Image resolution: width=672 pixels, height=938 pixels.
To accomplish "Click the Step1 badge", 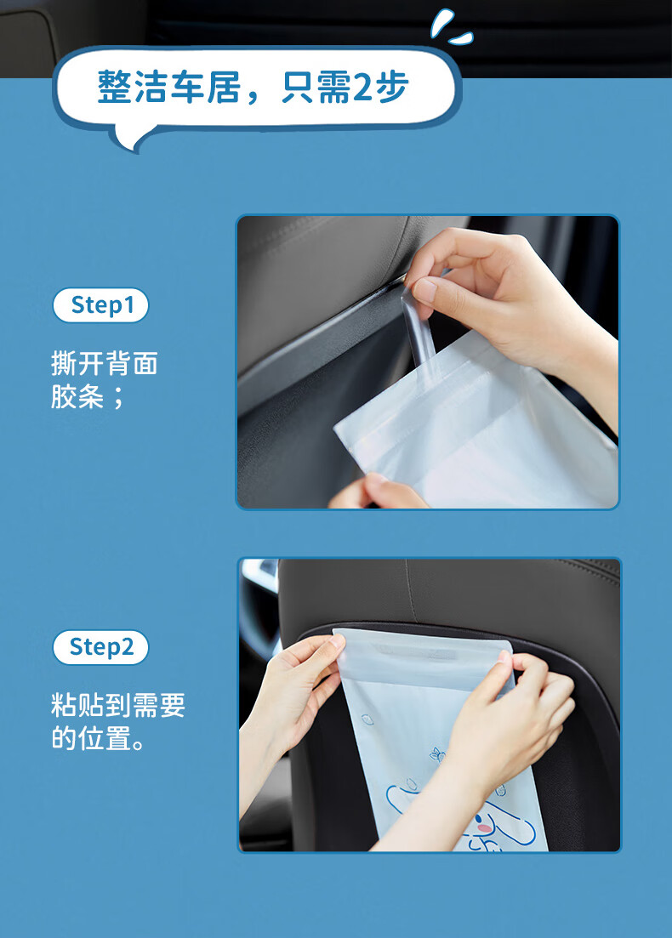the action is coord(100,305).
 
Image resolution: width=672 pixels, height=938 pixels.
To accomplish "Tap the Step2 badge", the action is coord(100,647).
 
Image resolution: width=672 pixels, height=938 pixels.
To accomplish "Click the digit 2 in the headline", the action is coord(363,88).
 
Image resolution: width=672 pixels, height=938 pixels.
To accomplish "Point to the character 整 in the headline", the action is coord(114,88).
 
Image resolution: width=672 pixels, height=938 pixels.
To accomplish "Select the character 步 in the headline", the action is coord(392,88).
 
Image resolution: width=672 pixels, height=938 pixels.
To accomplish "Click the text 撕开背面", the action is coord(104,363).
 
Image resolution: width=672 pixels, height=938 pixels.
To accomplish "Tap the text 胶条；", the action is coord(88,396).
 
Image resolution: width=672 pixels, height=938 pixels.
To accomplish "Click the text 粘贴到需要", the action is coord(118,705).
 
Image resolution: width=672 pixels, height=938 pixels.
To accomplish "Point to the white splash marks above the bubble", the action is coord(451,27).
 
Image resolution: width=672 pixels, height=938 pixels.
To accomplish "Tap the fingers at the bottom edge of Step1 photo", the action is coord(377,493).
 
